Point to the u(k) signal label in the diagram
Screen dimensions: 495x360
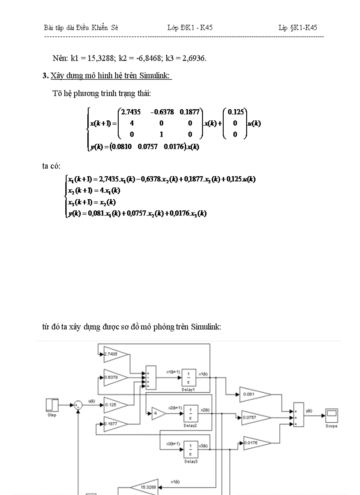pyautogui.click(x=92, y=401)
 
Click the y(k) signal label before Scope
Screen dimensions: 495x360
pyautogui.click(x=309, y=410)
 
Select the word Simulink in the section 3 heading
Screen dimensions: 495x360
pyautogui.click(x=154, y=76)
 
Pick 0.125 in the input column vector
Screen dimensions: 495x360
pyautogui.click(x=235, y=112)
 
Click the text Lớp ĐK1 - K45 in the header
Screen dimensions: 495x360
pyautogui.click(x=190, y=27)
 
